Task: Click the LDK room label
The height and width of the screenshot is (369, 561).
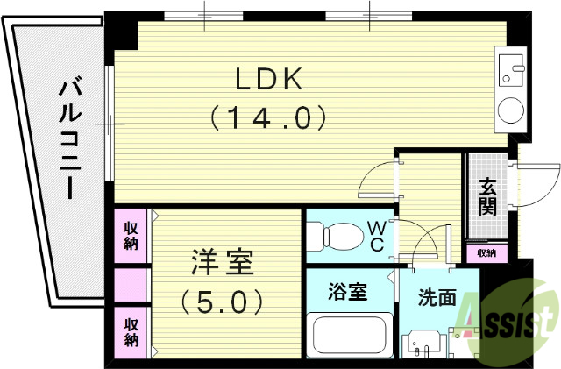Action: [267, 79]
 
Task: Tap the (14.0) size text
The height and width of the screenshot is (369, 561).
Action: [267, 117]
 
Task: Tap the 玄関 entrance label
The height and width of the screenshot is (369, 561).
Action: [486, 197]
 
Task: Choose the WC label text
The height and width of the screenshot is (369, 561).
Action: [375, 236]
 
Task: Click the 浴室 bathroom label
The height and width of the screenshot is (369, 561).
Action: [348, 291]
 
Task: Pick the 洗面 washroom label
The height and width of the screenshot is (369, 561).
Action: [437, 297]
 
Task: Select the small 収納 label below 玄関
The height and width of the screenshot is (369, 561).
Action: [486, 252]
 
